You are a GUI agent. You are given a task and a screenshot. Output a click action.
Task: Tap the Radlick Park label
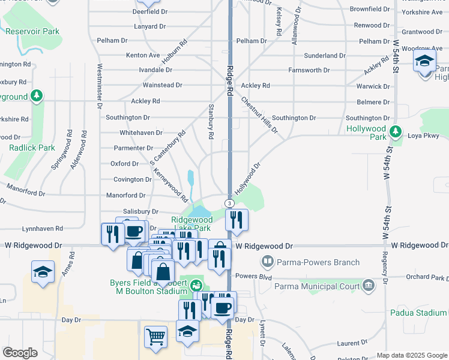(x=31, y=148)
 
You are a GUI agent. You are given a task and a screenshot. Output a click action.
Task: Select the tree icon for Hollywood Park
(x=396, y=131)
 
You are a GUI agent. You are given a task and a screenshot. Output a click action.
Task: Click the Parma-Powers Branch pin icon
(x=266, y=262)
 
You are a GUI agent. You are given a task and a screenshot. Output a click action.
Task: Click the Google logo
(x=20, y=353)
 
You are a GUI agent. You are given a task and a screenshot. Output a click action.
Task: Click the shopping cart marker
(x=155, y=337)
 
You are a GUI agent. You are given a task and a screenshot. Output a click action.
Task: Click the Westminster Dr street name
(x=100, y=87)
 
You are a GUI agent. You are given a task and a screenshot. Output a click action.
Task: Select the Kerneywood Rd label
(x=171, y=183)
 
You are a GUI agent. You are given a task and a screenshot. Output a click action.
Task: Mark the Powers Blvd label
(x=251, y=277)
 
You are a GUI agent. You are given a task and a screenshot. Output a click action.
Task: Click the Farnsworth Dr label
(x=309, y=70)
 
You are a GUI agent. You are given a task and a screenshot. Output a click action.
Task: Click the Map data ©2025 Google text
(x=412, y=355)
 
